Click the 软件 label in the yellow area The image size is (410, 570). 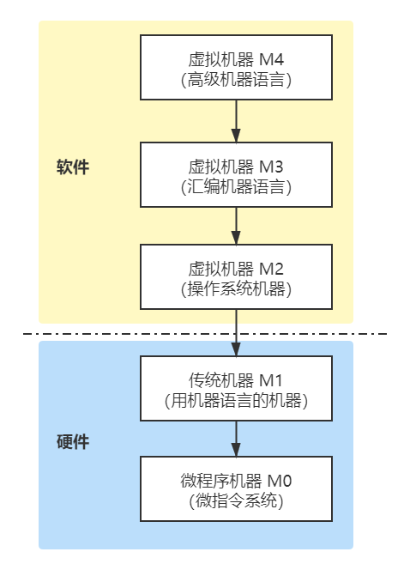click(x=73, y=167)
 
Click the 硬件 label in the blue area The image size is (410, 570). click(x=73, y=442)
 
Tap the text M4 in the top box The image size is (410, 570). click(x=271, y=59)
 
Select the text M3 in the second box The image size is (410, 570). click(x=271, y=167)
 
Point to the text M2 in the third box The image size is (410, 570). click(x=271, y=269)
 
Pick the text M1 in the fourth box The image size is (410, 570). click(x=271, y=380)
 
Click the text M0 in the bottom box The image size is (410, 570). click(x=280, y=481)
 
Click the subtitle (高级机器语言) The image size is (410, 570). click(x=236, y=80)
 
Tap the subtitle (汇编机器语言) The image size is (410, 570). click(x=236, y=187)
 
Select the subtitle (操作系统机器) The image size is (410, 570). click(x=236, y=289)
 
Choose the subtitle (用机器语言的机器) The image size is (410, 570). click(x=236, y=401)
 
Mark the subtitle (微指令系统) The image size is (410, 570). click(x=236, y=501)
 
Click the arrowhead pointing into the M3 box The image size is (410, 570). click(x=236, y=135)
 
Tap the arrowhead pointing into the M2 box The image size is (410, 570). click(x=236, y=237)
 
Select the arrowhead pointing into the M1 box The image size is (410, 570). click(x=236, y=349)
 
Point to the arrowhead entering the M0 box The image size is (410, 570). click(x=236, y=449)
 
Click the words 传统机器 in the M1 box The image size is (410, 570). click(x=220, y=380)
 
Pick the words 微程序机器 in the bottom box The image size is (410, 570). click(x=220, y=481)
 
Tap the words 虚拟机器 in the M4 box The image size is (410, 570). click(x=220, y=59)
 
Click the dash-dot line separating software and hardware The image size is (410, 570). click(x=205, y=333)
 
